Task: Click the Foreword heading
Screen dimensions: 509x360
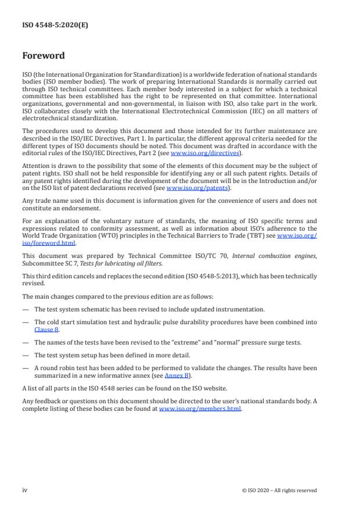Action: click(44, 56)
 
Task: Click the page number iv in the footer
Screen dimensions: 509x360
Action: click(25, 490)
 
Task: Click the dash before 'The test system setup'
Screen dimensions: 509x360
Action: click(25, 354)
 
